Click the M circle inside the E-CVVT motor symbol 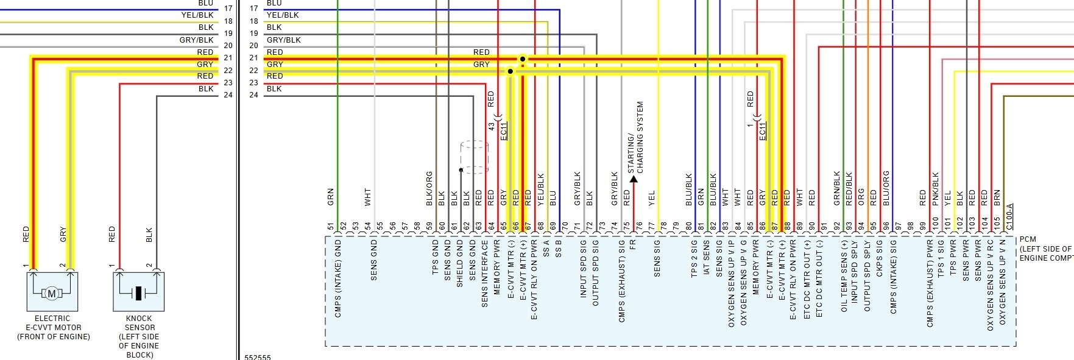(52, 294)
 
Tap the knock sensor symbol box (138, 292)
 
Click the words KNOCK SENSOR (139, 323)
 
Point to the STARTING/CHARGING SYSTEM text (635, 137)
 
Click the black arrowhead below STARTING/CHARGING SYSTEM (634, 179)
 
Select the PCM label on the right (1027, 240)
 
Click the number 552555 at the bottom (258, 358)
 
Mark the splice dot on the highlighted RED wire (522, 59)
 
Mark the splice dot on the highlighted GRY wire (510, 71)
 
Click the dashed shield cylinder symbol (475, 157)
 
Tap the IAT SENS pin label (707, 258)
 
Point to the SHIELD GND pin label (460, 263)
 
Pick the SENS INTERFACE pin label (485, 274)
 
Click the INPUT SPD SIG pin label (583, 269)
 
